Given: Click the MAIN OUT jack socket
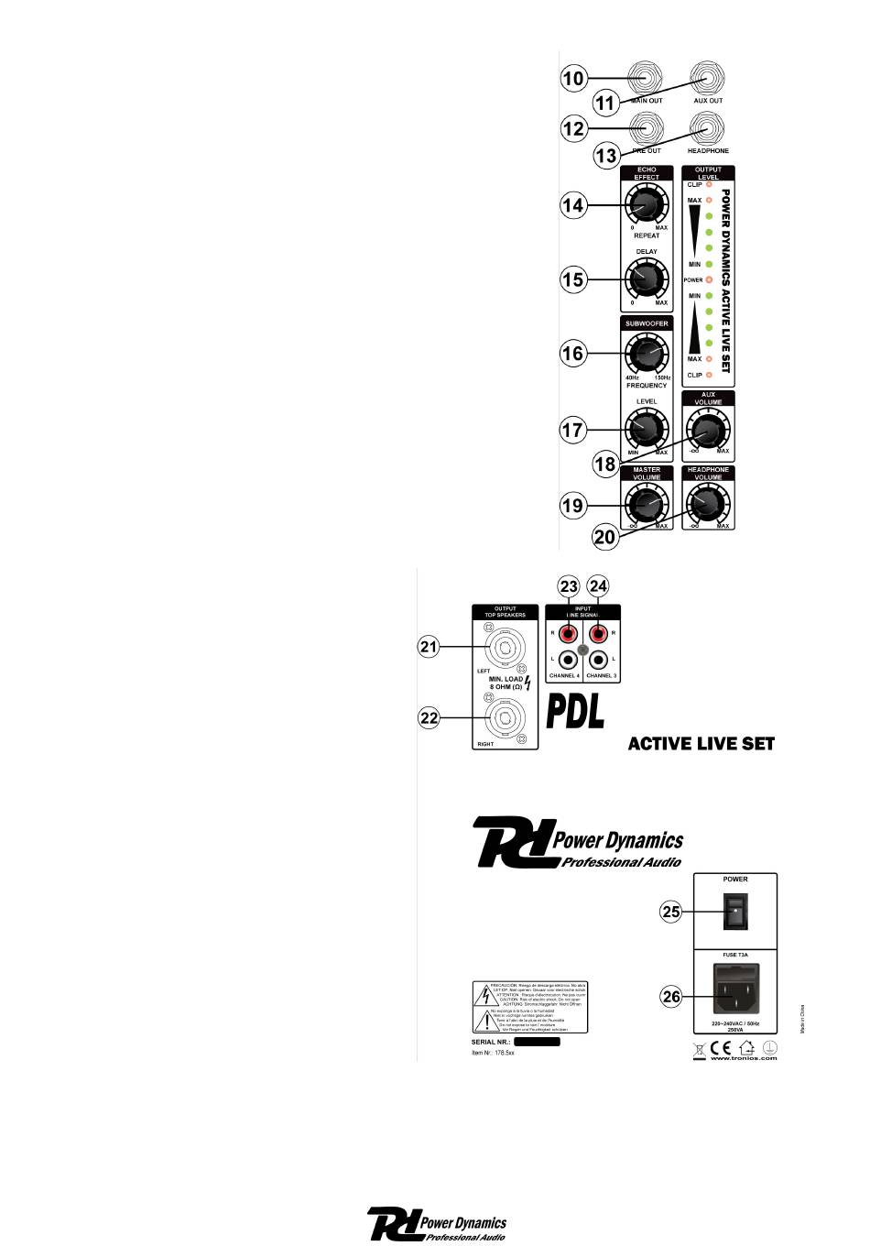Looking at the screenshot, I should click(647, 77).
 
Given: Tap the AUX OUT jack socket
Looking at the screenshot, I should click(708, 77).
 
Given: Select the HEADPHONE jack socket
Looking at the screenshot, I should click(708, 127).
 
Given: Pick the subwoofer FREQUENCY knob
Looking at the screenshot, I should click(647, 353).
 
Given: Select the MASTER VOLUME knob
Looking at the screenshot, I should click(647, 505).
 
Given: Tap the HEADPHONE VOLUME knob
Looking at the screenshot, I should click(707, 504).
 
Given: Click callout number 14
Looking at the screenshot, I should click(573, 205).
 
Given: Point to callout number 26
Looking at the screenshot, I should click(672, 996).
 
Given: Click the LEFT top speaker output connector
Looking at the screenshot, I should click(504, 648).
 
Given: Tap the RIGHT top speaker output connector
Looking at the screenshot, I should click(504, 717).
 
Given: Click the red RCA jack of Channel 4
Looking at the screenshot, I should click(570, 632).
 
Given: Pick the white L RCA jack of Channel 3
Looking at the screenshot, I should click(600, 659).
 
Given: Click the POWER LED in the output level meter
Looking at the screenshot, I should click(708, 279).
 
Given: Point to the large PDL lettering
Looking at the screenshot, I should click(576, 712).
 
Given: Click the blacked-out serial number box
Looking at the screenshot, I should click(537, 1042).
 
